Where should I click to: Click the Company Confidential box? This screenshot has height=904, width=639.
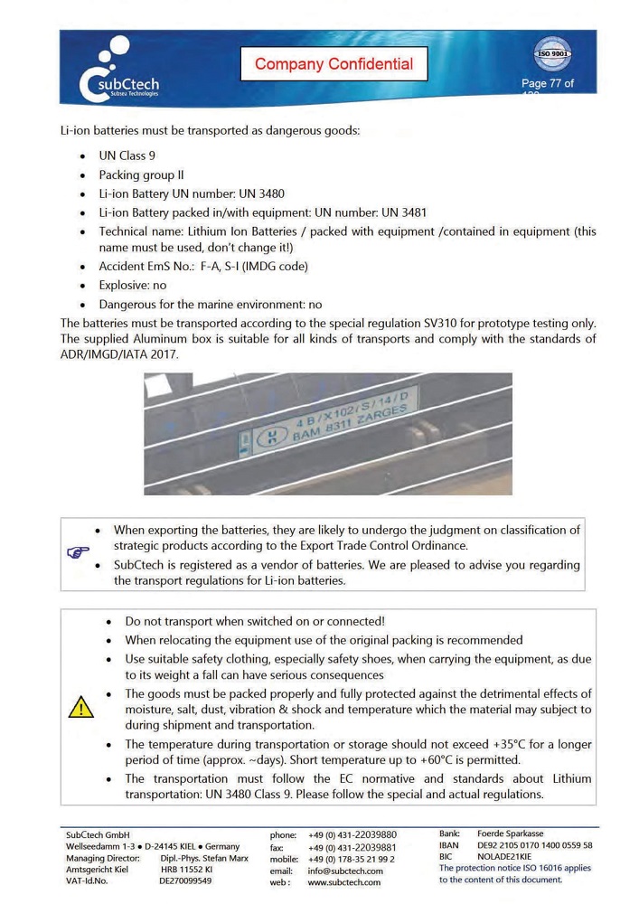click(x=334, y=64)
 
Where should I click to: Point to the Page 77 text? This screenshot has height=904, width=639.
click(x=547, y=84)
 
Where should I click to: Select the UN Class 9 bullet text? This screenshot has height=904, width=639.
click(x=127, y=155)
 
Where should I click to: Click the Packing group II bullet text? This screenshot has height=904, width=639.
click(x=141, y=174)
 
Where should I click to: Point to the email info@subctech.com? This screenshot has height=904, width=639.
click(x=344, y=871)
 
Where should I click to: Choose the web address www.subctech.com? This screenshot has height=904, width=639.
click(x=344, y=882)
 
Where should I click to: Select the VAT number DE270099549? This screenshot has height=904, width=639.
click(x=185, y=880)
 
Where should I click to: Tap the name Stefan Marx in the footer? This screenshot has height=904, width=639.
click(x=223, y=857)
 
